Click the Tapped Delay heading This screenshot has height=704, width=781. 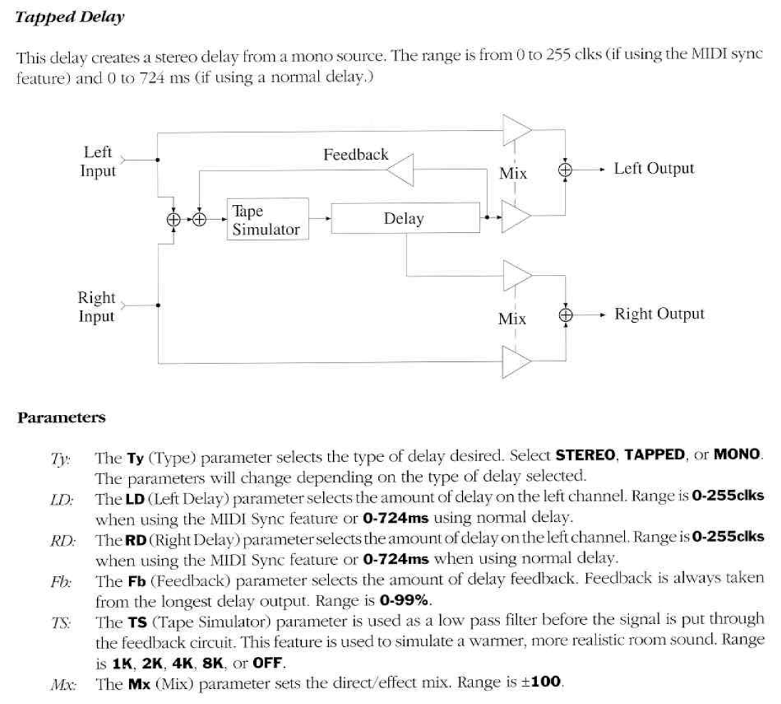coord(70,18)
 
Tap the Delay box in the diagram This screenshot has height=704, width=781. coord(404,218)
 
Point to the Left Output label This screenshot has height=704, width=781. coord(653,169)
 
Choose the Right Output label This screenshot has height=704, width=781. coord(659,314)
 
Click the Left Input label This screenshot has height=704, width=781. coord(98,161)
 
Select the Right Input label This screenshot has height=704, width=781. coord(97,306)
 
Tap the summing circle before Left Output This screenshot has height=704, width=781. coord(566,169)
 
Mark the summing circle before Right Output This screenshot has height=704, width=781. coord(566,314)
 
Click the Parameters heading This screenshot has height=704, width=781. coord(61,418)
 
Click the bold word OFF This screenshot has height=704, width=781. coord(270,663)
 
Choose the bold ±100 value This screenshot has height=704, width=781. coord(541,683)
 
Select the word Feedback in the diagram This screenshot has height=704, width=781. coord(355,154)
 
